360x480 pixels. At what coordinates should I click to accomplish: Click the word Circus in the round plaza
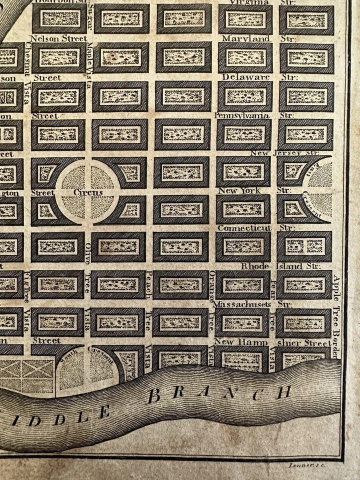88,192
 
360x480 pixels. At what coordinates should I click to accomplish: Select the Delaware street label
246,77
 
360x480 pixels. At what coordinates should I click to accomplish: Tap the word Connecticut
244,228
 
